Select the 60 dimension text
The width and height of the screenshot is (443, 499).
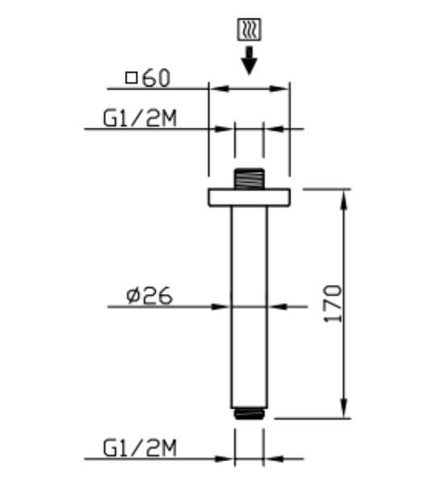pyautogui.click(x=156, y=78)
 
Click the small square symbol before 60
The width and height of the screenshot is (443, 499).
pyautogui.click(x=132, y=78)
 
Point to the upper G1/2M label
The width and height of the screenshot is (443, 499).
pyautogui.click(x=140, y=119)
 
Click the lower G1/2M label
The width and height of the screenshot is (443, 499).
pyautogui.click(x=140, y=448)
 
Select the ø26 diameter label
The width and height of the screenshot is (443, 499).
pyautogui.click(x=150, y=296)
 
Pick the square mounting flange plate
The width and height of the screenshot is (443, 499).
pyautogui.click(x=249, y=197)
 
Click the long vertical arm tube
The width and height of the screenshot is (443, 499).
pyautogui.click(x=249, y=307)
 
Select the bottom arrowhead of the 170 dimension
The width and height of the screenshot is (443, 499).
pyautogui.click(x=345, y=411)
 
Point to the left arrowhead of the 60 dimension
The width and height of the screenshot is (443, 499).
pyautogui.click(x=215, y=88)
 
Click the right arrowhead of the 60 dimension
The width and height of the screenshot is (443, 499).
pyautogui.click(x=282, y=88)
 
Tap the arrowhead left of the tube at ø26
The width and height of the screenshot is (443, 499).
pyautogui.click(x=224, y=306)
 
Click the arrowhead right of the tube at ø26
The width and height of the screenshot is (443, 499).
pyautogui.click(x=274, y=306)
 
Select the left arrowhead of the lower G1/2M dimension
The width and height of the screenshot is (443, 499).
pyautogui.click(x=228, y=459)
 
